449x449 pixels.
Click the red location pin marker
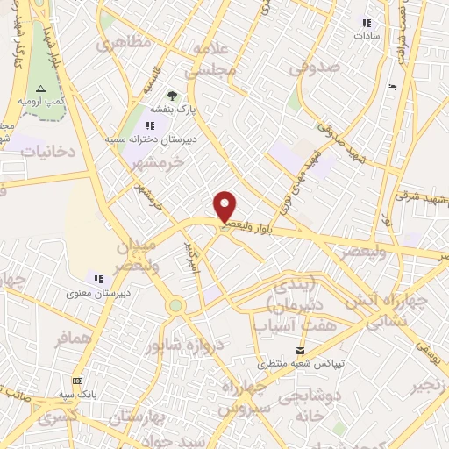(x=225, y=207)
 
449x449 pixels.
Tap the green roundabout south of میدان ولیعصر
(x=176, y=305)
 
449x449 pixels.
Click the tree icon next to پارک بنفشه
(x=172, y=96)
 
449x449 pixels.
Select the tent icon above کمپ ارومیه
(x=39, y=89)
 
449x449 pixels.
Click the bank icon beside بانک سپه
(x=78, y=381)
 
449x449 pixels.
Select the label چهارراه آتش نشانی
(x=385, y=310)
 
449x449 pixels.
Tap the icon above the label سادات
(x=367, y=23)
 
